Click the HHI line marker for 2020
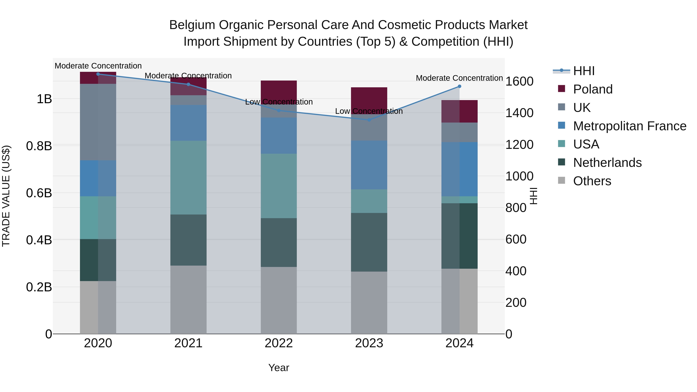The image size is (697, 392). [x=98, y=74]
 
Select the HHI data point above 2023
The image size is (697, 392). [x=369, y=120]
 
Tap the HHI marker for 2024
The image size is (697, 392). [x=459, y=86]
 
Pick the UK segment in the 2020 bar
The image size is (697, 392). [x=98, y=122]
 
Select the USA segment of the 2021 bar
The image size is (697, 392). [x=188, y=178]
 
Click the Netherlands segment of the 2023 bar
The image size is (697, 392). [x=369, y=242]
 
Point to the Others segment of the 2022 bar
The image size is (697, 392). [x=279, y=300]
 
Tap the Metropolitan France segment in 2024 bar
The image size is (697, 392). [x=459, y=169]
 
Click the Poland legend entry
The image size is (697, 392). [x=593, y=89]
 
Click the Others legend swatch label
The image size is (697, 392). [x=592, y=181]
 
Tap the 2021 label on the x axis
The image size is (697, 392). [x=188, y=343]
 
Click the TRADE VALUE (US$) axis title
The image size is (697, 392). [x=6, y=196]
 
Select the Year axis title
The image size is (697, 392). [x=279, y=368]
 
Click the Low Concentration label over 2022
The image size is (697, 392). [x=279, y=102]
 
